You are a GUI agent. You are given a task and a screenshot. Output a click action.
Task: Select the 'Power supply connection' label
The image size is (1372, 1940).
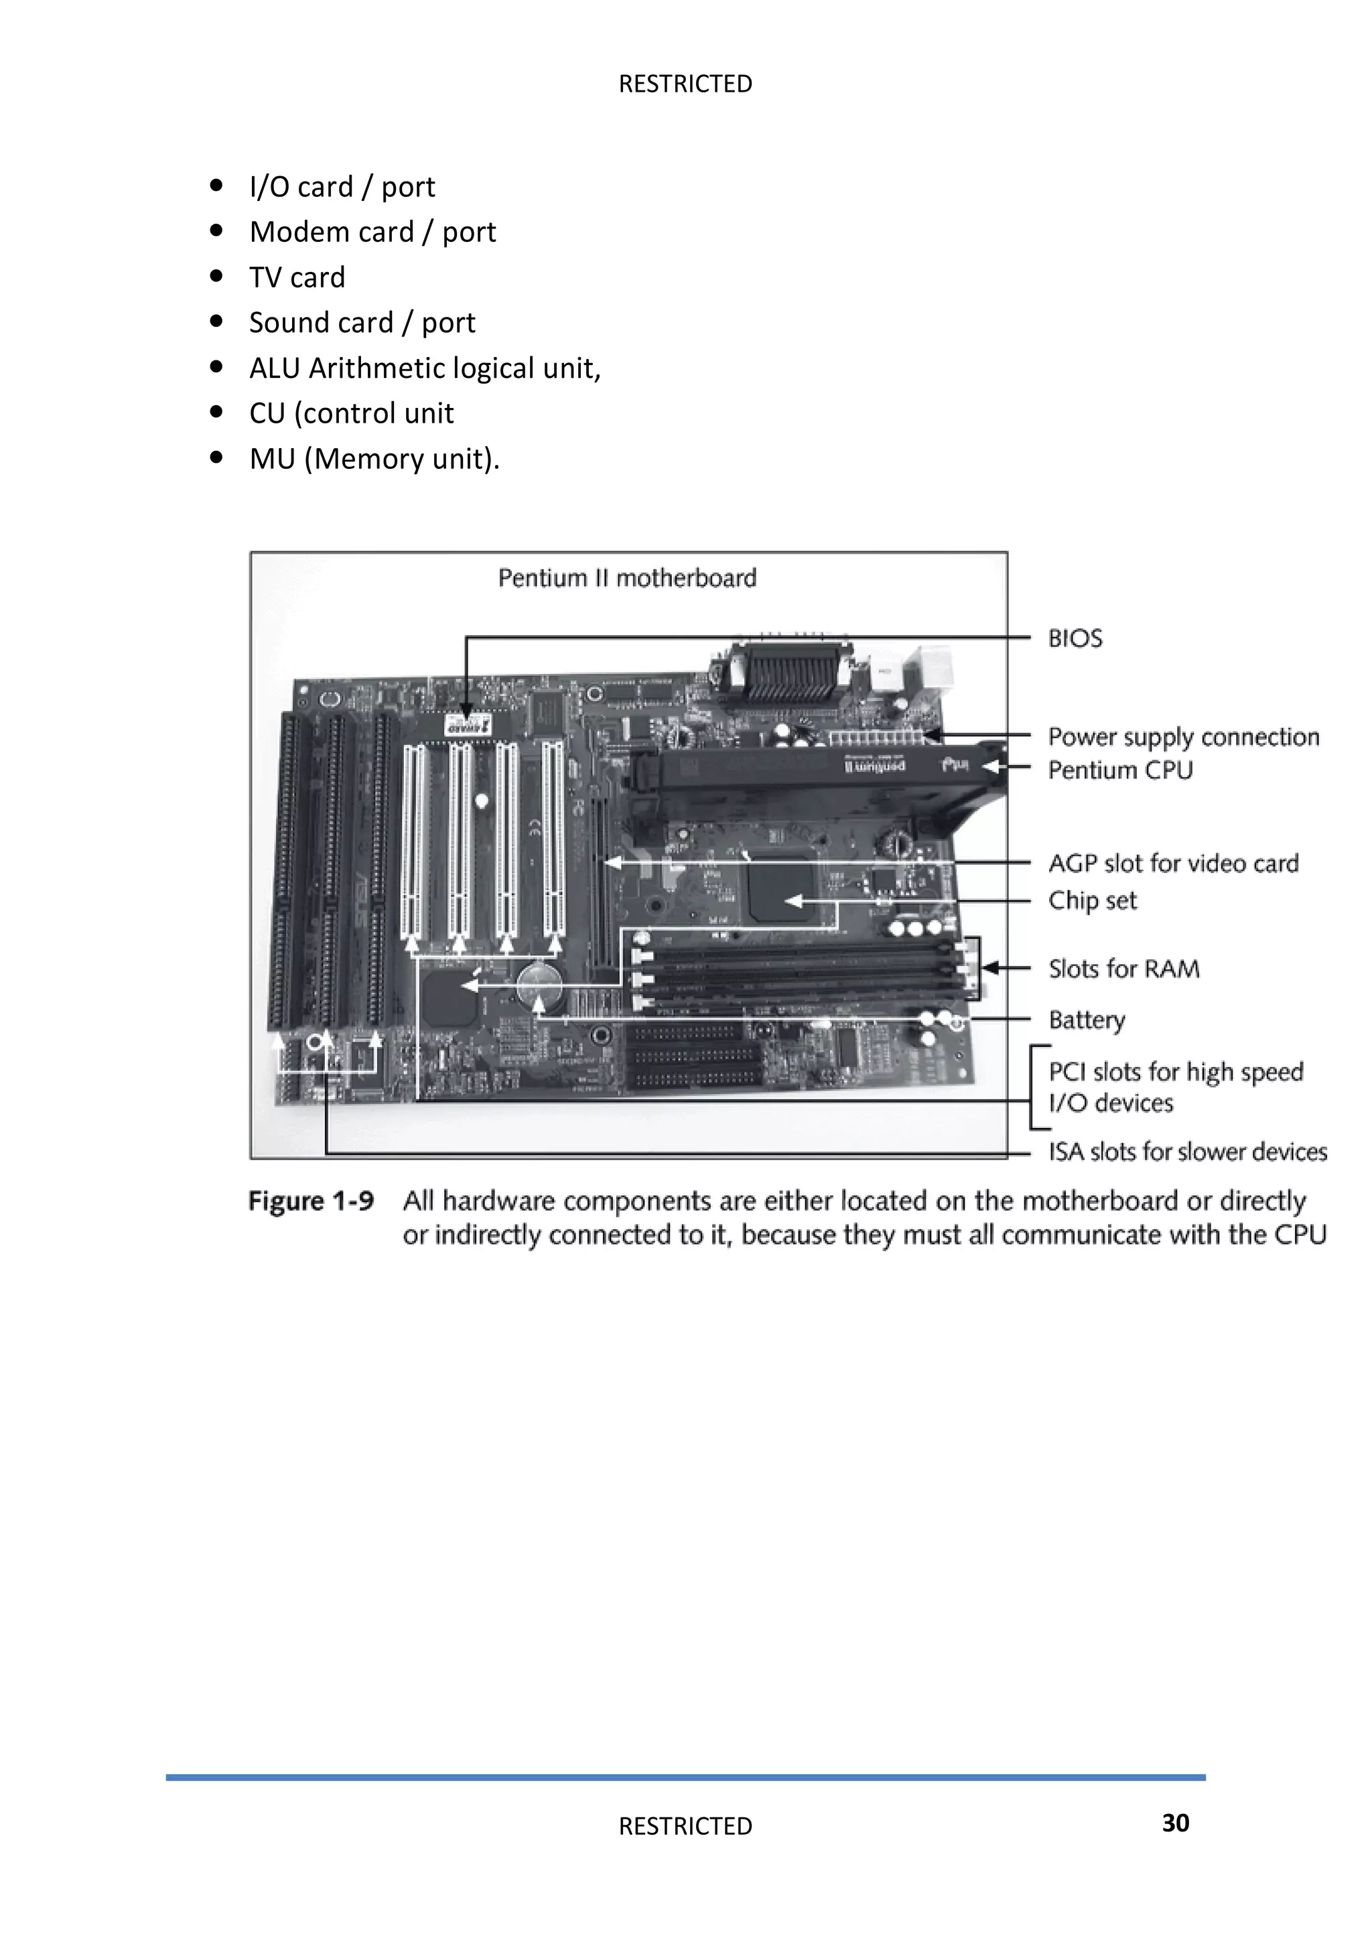tap(1183, 737)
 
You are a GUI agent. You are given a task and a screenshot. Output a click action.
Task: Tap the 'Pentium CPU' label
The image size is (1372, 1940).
tap(1119, 770)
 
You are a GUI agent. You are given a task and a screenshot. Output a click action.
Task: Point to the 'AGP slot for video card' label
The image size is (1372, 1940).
tap(1172, 863)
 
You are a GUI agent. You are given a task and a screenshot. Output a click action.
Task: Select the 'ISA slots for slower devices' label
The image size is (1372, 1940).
tap(1187, 1152)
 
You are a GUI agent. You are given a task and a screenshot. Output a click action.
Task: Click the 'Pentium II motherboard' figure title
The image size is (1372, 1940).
tap(627, 578)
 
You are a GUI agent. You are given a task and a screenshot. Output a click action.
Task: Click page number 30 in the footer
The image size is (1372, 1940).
tap(1175, 1823)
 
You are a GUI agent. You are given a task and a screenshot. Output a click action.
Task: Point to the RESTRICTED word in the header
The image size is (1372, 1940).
tap(685, 84)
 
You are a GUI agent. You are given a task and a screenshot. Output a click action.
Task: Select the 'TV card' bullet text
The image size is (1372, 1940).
tap(297, 277)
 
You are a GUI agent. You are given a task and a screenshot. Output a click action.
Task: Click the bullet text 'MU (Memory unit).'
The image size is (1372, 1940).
tap(374, 459)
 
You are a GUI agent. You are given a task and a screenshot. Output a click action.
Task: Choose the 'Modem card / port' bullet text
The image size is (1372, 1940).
tap(372, 232)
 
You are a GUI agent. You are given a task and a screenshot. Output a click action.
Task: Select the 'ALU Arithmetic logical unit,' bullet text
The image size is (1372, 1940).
tap(425, 368)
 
